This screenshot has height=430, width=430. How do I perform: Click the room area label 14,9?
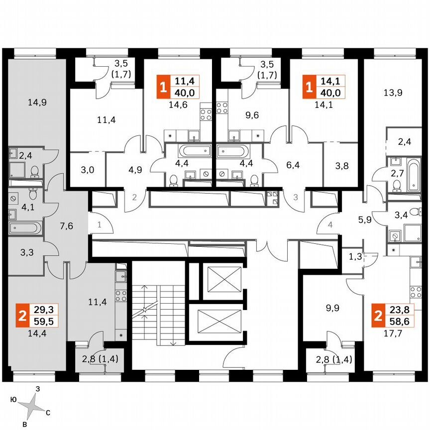pos(37,104)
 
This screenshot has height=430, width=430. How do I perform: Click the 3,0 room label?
pos(88,170)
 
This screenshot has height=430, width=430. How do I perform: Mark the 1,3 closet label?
pos(355,257)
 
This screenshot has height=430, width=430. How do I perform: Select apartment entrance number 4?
pos(330,225)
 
